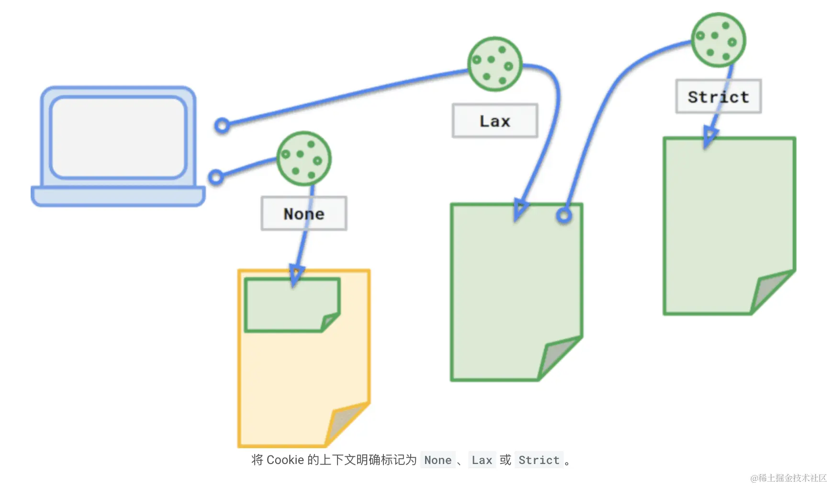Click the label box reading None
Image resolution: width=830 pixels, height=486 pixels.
pos(304,213)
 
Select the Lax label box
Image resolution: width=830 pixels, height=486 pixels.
pos(495,121)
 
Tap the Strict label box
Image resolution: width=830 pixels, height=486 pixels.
pos(718,96)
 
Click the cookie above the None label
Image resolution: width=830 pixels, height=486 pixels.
pos(303,158)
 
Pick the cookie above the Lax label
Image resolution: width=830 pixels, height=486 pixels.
pos(494,64)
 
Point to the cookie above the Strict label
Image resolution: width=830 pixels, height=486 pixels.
pos(718,40)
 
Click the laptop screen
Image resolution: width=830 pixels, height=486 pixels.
pos(118,137)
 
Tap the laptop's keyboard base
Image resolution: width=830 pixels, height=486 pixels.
pos(118,196)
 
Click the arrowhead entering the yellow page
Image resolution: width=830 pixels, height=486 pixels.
pos(296,275)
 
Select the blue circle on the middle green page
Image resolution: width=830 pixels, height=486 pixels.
pos(564,216)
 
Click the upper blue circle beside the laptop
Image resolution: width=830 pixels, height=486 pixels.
pos(222,125)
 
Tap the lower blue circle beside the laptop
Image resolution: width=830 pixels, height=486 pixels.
pos(216,177)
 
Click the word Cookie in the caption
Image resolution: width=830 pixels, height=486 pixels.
pos(285,460)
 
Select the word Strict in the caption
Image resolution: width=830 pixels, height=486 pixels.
pos(538,460)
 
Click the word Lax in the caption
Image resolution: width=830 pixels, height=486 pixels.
pos(482,460)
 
